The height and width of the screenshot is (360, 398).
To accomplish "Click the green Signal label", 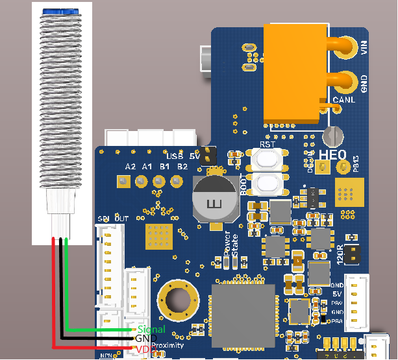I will pos(151,330).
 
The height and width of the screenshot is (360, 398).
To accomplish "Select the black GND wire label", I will pos(142,339).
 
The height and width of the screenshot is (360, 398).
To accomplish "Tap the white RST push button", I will pos(266,158).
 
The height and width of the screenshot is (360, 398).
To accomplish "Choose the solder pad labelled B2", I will pos(183,181).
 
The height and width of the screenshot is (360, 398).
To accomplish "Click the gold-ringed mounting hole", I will pos(176,299).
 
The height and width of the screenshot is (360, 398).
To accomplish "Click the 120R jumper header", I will pos(353,253).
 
